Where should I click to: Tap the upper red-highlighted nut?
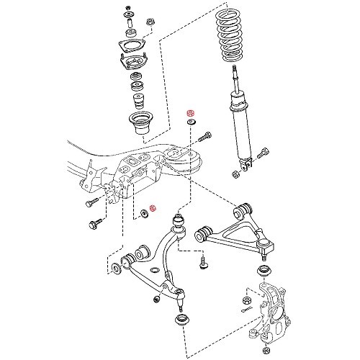point(191,114)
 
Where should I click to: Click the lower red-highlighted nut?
point(152,210)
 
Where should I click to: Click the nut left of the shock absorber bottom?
point(236,174)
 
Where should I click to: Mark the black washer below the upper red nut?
point(191,125)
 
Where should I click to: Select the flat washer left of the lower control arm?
point(117,270)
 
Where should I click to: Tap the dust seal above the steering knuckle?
point(262,271)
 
